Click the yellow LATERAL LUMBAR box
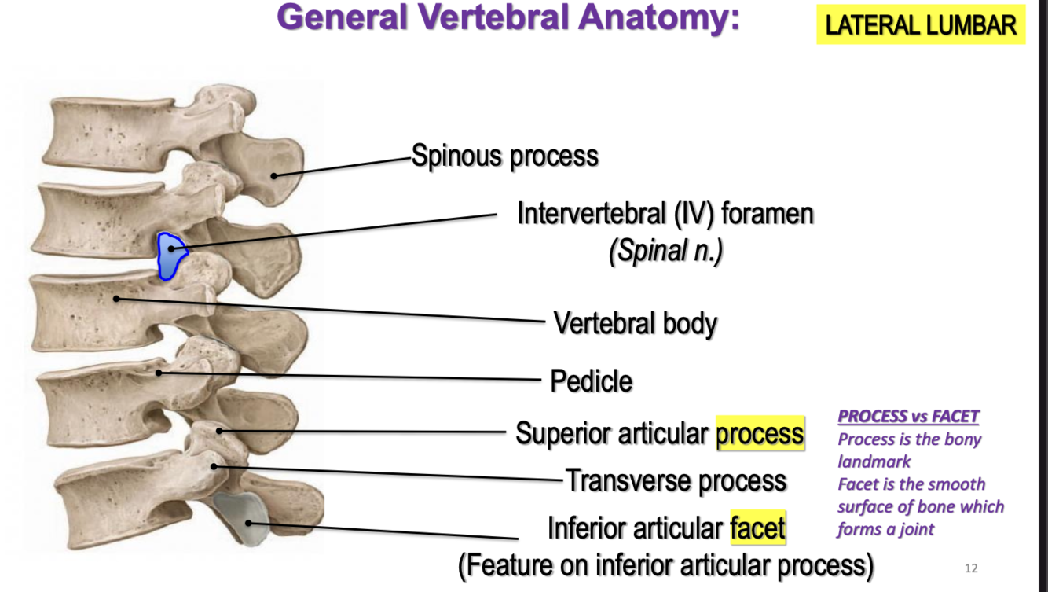(x=921, y=26)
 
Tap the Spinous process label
(x=504, y=156)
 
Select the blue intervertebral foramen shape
(x=170, y=255)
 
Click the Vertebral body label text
(x=635, y=323)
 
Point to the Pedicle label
(x=591, y=381)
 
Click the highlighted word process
(x=760, y=433)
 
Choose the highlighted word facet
(x=757, y=528)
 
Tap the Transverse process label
(x=676, y=480)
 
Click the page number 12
(x=971, y=568)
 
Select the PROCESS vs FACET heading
(x=908, y=417)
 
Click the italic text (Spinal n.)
(x=665, y=252)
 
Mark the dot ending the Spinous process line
(x=274, y=175)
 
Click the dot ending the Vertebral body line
(x=116, y=298)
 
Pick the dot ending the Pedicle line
(x=159, y=372)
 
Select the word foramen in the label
(x=767, y=213)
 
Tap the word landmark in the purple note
(x=874, y=461)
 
